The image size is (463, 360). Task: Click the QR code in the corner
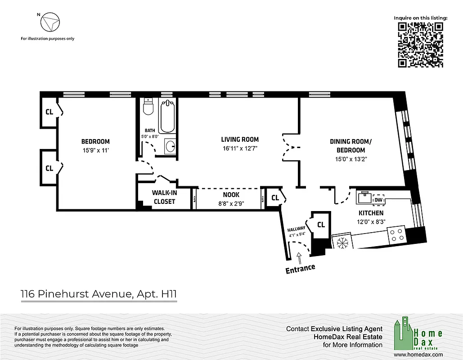tap(421, 45)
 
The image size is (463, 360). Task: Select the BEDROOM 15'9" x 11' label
tap(95, 145)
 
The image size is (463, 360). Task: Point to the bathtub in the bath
tap(168, 116)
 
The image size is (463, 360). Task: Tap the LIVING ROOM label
tap(240, 144)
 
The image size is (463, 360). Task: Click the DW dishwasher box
tap(378, 200)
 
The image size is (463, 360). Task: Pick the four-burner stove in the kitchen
tap(396, 234)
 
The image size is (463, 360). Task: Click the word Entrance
tap(300, 269)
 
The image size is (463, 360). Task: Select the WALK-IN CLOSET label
tap(164, 197)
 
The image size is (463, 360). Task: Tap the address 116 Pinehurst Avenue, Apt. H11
tap(99, 294)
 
